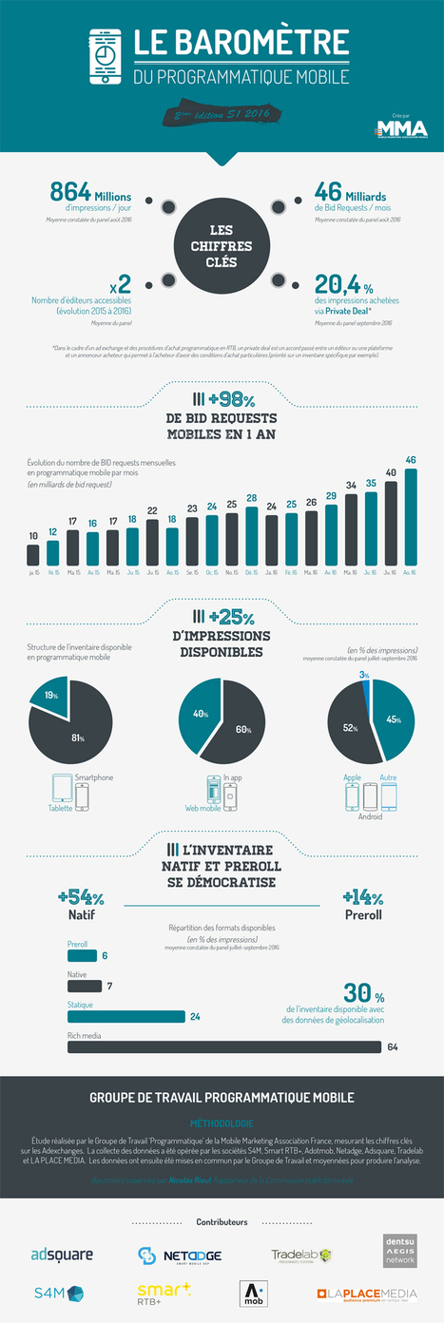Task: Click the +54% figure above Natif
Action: click(80, 898)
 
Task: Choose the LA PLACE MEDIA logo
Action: click(366, 1294)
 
